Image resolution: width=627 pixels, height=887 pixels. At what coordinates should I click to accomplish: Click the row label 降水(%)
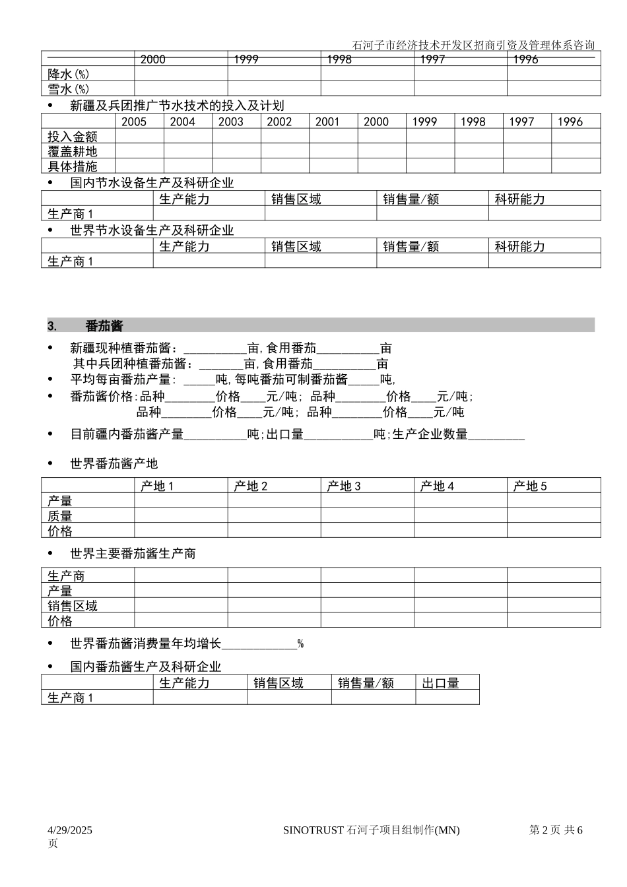coord(69,74)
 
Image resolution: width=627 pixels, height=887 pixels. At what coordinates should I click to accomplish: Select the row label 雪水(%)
coord(69,88)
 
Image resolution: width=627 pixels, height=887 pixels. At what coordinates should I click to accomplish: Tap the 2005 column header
coord(134,121)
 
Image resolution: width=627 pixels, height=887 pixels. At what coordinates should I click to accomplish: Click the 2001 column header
coord(327,121)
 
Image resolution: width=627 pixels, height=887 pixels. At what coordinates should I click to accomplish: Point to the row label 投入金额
coord(73,137)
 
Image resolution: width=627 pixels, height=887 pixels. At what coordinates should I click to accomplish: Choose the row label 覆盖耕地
coord(73,151)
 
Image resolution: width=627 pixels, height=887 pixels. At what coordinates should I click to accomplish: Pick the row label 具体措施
coord(73,166)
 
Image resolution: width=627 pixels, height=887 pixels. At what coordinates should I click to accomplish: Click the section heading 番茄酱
coord(104,326)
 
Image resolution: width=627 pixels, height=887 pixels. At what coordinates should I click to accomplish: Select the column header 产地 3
coord(344,486)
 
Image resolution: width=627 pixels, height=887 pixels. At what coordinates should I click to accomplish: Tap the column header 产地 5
coord(530,486)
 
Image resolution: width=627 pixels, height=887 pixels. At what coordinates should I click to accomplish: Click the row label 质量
coord(60,516)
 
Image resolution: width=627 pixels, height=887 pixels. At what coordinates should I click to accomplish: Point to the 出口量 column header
coord(441,683)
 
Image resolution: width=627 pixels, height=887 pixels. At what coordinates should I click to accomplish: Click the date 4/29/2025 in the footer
coord(70,830)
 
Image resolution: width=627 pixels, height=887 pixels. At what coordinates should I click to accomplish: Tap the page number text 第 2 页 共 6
coord(556,830)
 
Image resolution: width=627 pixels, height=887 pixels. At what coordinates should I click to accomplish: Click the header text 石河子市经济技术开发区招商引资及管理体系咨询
coord(474,46)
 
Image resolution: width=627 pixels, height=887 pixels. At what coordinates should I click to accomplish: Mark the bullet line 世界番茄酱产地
coord(114,464)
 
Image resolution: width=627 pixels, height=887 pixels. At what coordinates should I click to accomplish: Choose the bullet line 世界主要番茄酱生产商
coord(133,554)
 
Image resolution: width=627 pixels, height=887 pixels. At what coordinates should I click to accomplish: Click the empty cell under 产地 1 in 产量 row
coord(181,501)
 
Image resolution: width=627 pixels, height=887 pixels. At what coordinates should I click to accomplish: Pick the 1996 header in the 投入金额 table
coord(570,121)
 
